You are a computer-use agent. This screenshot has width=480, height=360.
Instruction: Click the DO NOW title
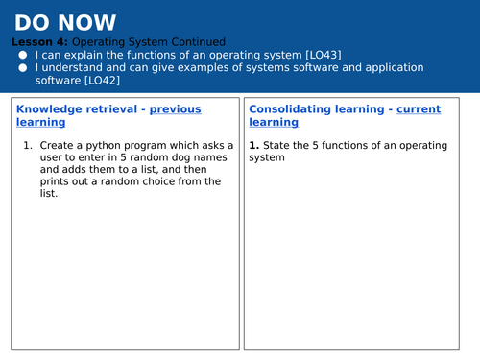pyautogui.click(x=65, y=22)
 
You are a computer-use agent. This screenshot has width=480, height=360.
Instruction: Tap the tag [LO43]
pyautogui.click(x=322, y=56)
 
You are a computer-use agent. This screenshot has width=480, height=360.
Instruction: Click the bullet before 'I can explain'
pyautogui.click(x=22, y=56)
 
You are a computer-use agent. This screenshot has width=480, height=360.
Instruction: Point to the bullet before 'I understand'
pyautogui.click(x=22, y=68)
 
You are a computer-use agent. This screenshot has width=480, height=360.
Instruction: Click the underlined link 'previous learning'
pyautogui.click(x=175, y=109)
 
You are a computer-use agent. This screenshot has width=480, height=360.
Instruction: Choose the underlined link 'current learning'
pyautogui.click(x=419, y=109)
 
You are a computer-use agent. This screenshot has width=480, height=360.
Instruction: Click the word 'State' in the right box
pyautogui.click(x=277, y=146)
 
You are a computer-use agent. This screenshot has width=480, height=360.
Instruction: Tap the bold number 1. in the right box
pyautogui.click(x=254, y=146)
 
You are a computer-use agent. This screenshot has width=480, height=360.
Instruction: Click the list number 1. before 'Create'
pyautogui.click(x=28, y=145)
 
